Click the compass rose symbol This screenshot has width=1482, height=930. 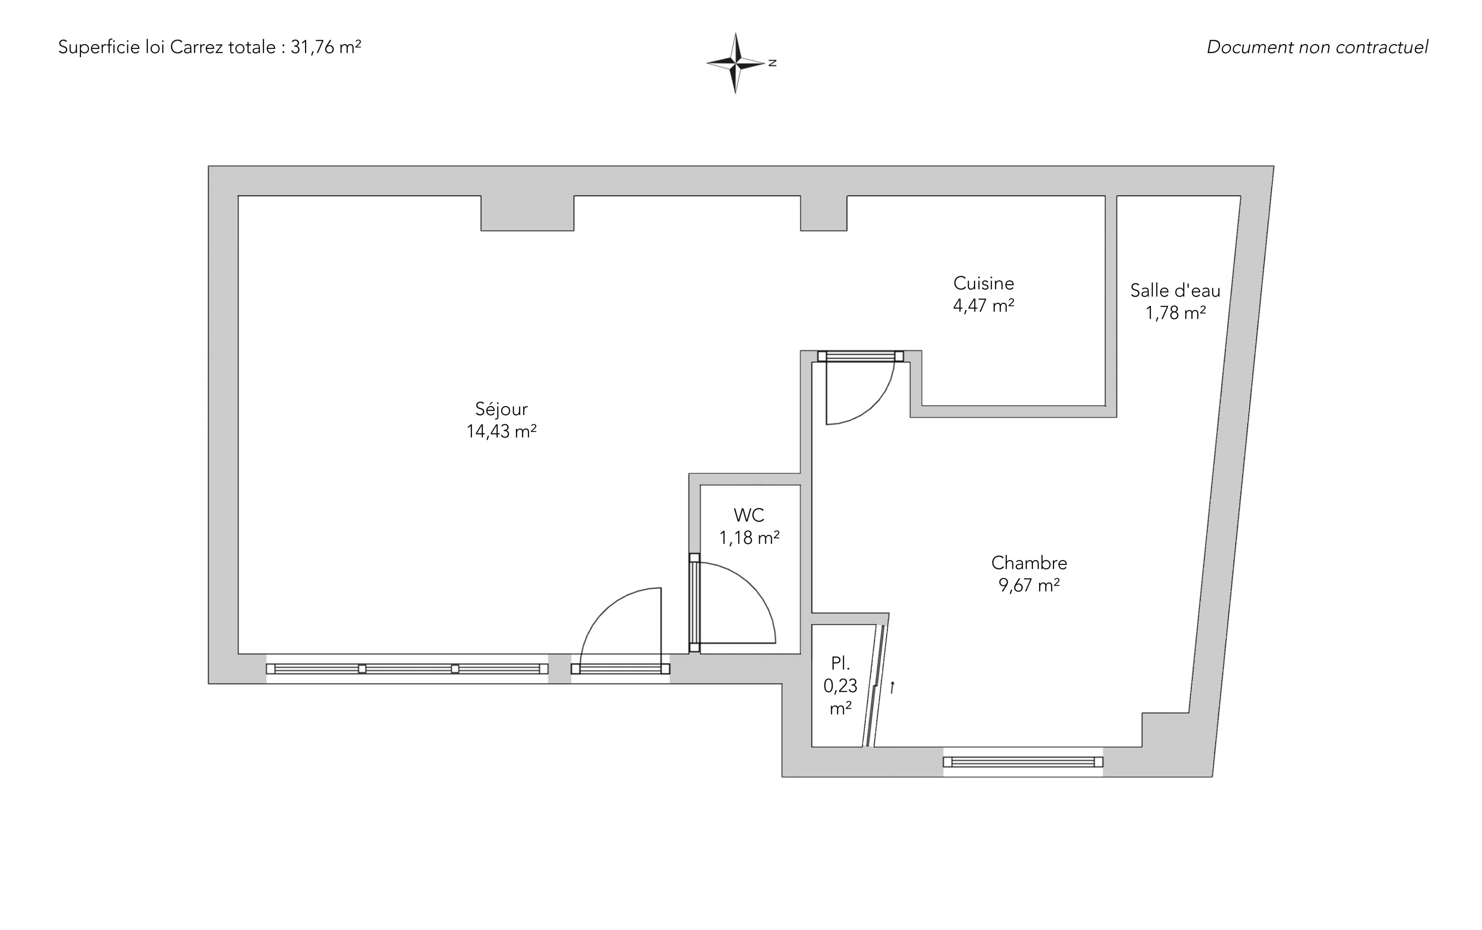click(x=736, y=63)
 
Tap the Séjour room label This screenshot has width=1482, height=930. click(x=501, y=409)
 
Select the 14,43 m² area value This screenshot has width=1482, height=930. click(x=501, y=432)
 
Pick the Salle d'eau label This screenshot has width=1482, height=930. click(x=1175, y=290)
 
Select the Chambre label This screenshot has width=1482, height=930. click(x=1029, y=563)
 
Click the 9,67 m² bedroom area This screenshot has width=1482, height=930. click(x=1029, y=585)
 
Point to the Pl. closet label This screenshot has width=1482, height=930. click(x=840, y=663)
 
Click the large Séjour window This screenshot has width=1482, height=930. click(x=407, y=669)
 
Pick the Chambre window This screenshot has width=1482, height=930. click(x=1023, y=762)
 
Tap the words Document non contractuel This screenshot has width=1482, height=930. click(x=1317, y=47)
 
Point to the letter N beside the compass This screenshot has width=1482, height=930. click(x=772, y=63)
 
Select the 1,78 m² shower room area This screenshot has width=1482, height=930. click(x=1175, y=313)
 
